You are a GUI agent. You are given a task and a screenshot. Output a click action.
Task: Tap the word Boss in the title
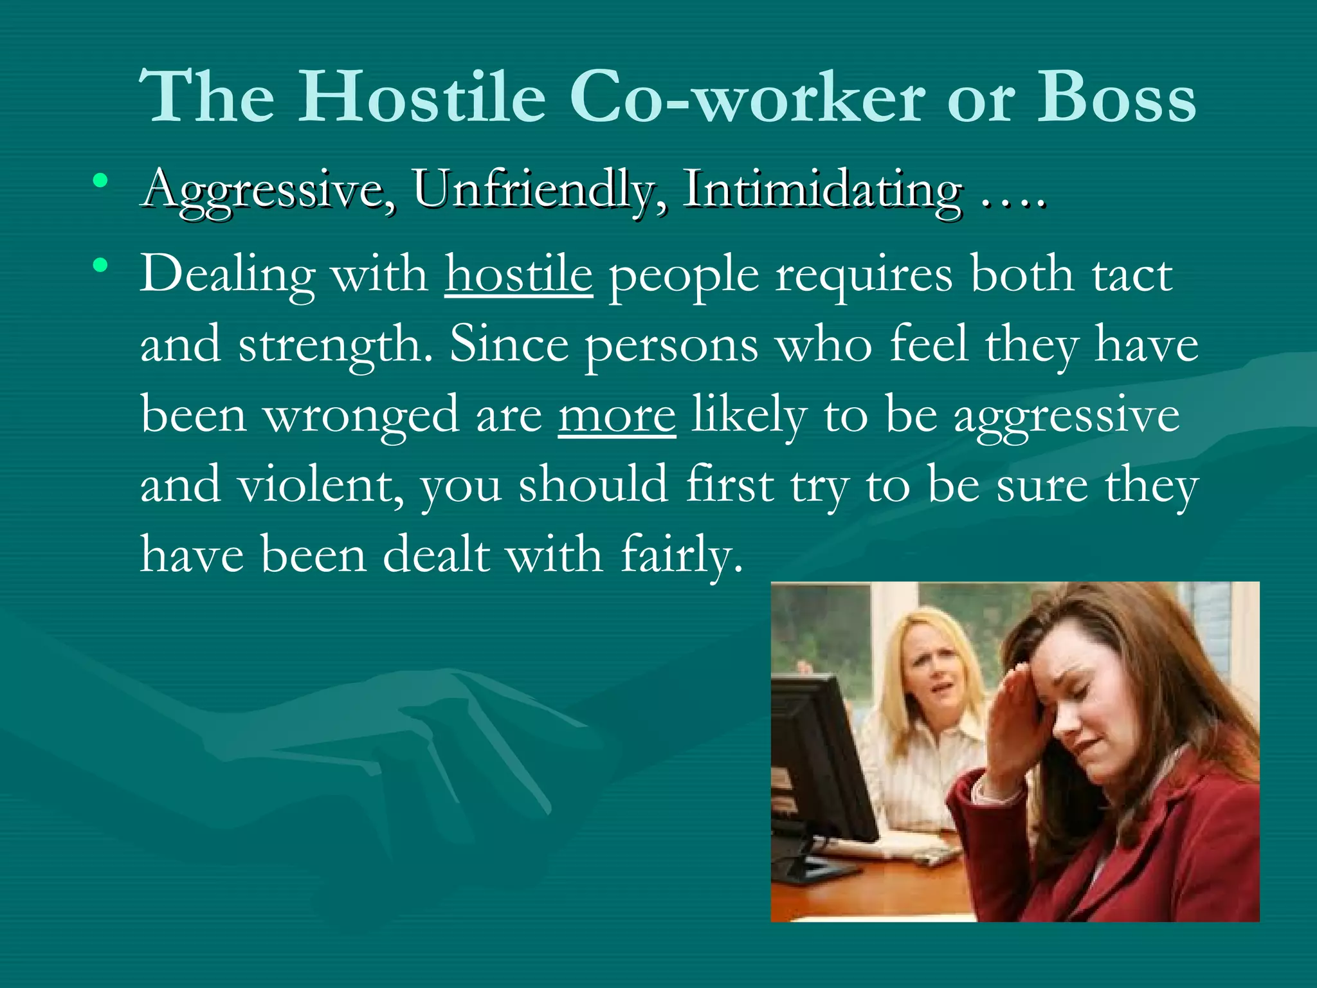point(1116,96)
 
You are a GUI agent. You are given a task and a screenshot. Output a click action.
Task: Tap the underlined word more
point(617,416)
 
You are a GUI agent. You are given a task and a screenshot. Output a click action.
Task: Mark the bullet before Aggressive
point(100,181)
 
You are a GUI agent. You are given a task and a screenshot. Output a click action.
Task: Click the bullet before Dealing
point(100,264)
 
